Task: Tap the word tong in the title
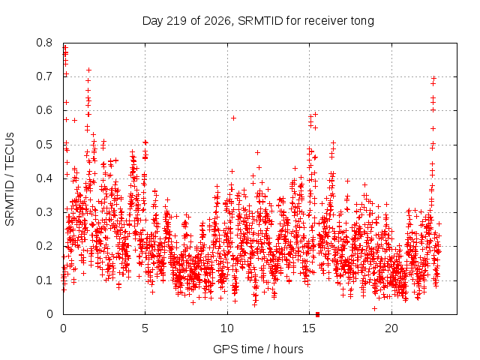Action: point(362,22)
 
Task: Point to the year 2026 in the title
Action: point(217,21)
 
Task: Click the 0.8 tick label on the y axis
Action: point(44,43)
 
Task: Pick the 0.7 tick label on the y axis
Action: point(44,76)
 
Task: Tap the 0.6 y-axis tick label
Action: point(44,110)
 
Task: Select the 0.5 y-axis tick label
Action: point(44,145)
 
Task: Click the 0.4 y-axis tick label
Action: point(44,178)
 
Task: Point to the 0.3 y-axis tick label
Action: point(44,212)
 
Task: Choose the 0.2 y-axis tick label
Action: point(44,247)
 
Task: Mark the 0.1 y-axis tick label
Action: point(44,280)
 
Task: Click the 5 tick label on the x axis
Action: point(145,328)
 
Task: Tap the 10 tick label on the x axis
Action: point(226,328)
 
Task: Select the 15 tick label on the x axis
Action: point(309,328)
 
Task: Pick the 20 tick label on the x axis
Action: point(391,328)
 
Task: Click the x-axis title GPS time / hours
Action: point(258,349)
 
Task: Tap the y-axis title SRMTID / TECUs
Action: point(10,179)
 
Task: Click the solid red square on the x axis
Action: point(317,314)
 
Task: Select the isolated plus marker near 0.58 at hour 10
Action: point(233,118)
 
